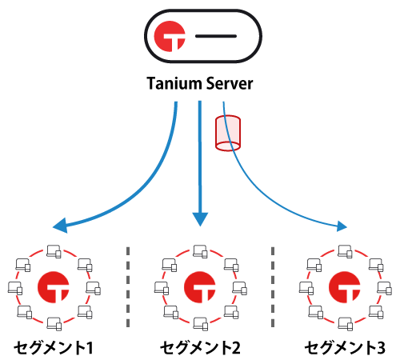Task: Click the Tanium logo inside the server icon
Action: point(170,38)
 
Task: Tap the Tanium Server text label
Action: point(200,82)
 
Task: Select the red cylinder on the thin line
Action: point(228,133)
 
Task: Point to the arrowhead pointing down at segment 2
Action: point(200,217)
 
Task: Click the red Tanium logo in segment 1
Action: point(53,286)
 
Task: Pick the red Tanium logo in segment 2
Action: point(200,286)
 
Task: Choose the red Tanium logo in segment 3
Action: point(346,286)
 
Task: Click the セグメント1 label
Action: point(53,347)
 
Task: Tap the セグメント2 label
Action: point(200,347)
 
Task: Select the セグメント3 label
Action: point(346,347)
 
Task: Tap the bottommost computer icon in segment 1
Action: point(54,323)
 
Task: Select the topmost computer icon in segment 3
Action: point(346,250)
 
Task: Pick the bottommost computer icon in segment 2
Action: point(200,323)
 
